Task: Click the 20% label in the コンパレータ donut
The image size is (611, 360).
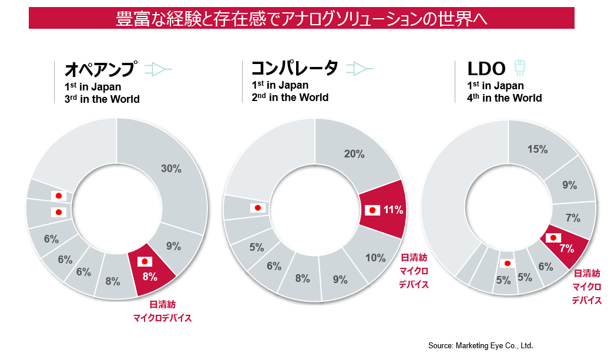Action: coord(354,154)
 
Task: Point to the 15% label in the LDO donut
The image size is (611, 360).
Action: coord(538,149)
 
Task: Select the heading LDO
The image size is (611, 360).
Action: coord(486,69)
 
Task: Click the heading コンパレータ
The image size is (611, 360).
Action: coord(294,68)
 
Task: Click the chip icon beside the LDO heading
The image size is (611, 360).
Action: coord(519,68)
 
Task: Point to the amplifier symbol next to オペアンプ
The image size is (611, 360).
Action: coord(158,69)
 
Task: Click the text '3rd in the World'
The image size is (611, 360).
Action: coord(102,99)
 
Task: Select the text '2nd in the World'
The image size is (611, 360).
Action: coord(290,97)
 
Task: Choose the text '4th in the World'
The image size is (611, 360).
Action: coord(505,98)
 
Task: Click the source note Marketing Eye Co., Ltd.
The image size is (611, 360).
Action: coord(481,345)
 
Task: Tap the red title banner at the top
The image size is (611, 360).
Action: coord(301,18)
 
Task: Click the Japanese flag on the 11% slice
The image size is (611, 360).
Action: coord(372,210)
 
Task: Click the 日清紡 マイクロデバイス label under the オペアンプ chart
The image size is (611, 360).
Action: coord(162,311)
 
